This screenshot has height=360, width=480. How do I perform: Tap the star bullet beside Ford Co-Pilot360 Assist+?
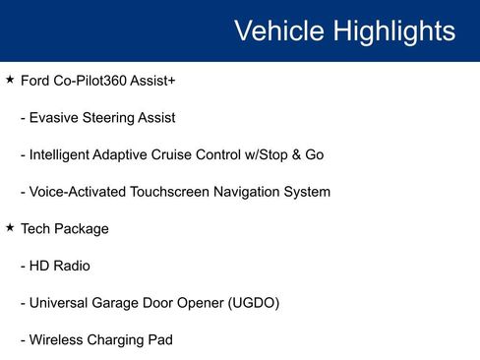tap(10, 79)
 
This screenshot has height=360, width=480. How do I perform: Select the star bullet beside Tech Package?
tap(10, 228)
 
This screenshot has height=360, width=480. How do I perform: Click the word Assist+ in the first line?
tap(155, 80)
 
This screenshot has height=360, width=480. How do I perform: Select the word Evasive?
tap(57, 117)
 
